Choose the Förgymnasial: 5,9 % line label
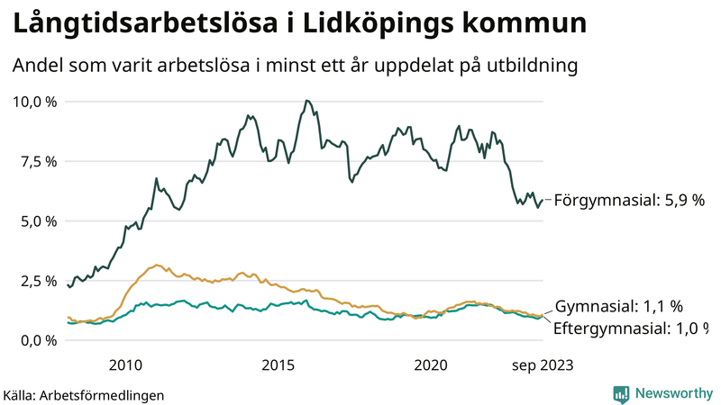(x=628, y=201)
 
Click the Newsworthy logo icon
(x=621, y=393)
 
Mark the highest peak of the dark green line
(x=307, y=101)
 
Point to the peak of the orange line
(x=158, y=265)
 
